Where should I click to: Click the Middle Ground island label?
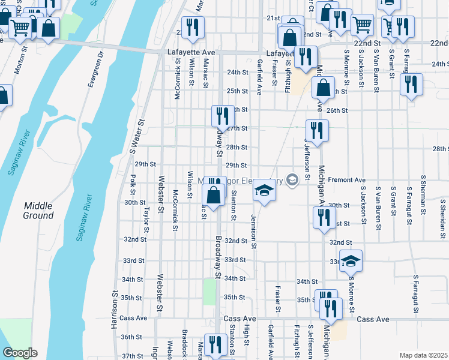[x=38, y=211]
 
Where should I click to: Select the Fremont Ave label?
[x=347, y=180]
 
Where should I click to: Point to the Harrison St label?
[x=113, y=310]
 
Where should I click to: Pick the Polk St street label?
[x=133, y=185]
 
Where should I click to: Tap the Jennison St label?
[x=254, y=232]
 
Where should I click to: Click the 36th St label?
[x=130, y=337]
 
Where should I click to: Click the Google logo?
[x=19, y=353]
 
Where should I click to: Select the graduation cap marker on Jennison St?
[x=263, y=190]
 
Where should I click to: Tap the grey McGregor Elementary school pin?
[x=292, y=179]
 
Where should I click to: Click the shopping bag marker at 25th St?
[x=323, y=87]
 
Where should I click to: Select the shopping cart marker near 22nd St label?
[x=362, y=24]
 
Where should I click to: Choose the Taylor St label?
[x=147, y=215]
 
